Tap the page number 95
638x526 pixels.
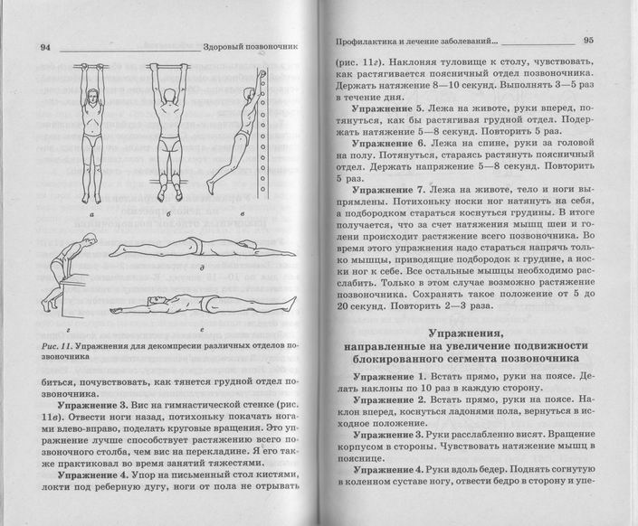click(588, 40)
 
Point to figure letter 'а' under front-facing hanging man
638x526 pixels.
click(93, 216)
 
